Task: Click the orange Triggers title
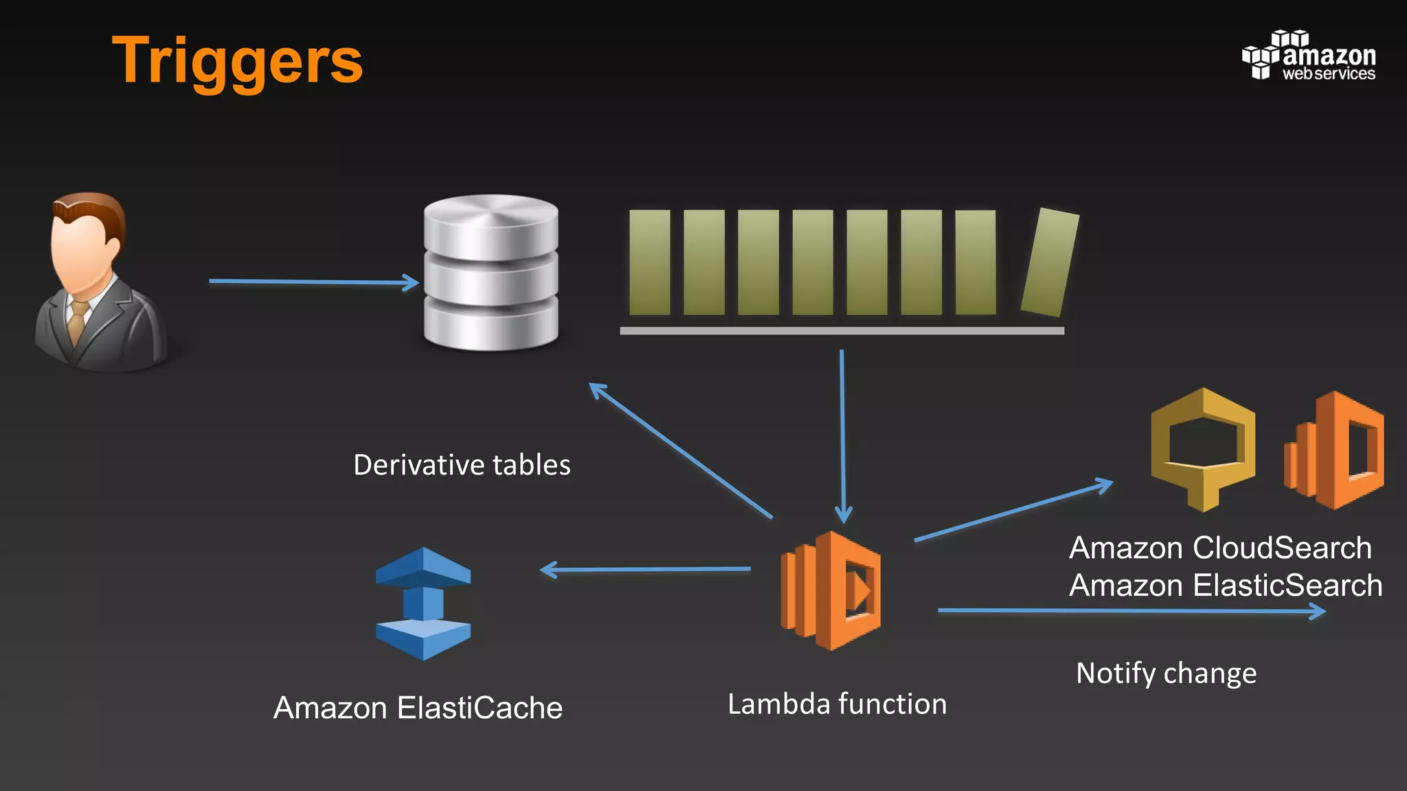237,62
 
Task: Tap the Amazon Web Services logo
1309,56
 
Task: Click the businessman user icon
100,282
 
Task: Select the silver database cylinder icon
491,273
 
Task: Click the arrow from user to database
313,282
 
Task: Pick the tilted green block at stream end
1050,263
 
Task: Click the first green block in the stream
649,263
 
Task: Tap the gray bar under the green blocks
842,331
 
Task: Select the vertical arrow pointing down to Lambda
842,436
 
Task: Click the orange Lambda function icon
831,591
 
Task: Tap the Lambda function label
837,704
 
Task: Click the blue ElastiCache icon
423,604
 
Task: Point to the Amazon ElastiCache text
418,708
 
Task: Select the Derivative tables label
462,465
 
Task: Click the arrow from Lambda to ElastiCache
646,569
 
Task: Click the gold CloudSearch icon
1203,449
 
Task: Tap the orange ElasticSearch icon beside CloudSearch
1334,450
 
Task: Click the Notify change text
1166,673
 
